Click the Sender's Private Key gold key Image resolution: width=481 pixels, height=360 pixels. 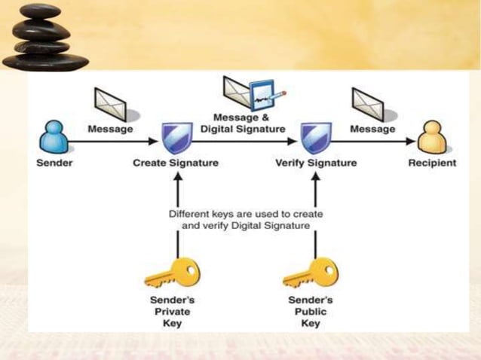172,273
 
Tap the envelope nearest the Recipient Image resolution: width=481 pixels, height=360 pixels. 369,103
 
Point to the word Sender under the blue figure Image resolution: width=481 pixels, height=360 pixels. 54,163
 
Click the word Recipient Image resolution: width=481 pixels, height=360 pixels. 432,163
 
